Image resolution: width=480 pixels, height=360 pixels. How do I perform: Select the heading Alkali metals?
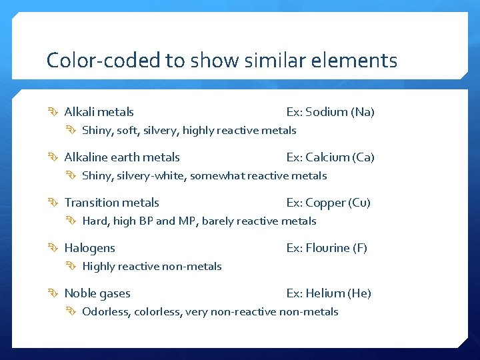coord(99,112)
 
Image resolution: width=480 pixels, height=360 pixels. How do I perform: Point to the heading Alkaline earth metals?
coord(122,157)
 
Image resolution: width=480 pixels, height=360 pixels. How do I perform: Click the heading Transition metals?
coord(111,203)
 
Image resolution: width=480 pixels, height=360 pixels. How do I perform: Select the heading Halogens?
coord(89,248)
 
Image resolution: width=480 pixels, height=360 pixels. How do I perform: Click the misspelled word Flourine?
coord(327,248)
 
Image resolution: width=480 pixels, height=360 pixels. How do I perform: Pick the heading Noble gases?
coord(97,293)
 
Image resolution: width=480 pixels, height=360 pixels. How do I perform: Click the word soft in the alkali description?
coord(127,131)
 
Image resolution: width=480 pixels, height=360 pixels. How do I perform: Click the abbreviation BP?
coord(146,221)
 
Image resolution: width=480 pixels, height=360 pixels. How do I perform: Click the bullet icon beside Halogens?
coord(55,248)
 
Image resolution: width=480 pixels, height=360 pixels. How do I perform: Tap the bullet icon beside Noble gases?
coord(55,293)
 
